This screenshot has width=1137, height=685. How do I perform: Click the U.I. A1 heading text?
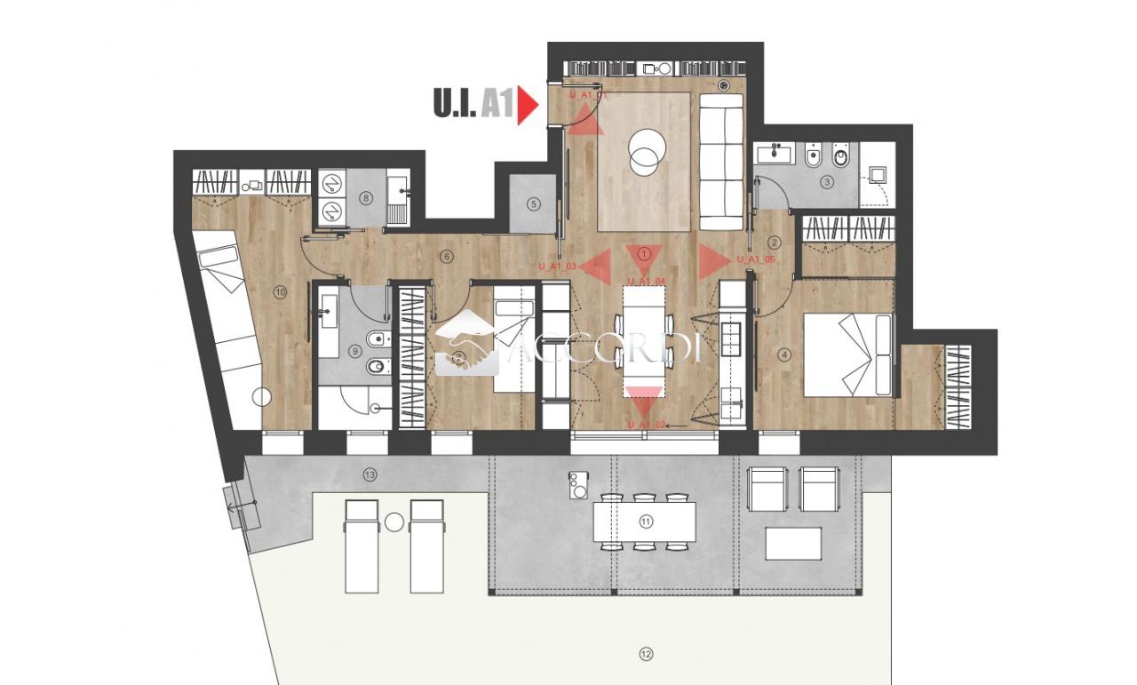pos(473,105)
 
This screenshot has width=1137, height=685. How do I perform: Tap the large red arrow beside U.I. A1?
pos(528,105)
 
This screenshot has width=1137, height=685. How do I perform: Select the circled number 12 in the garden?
pos(646,655)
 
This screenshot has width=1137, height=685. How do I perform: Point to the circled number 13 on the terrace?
pos(370,475)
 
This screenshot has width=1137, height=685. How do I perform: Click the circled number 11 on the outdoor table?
pos(646,522)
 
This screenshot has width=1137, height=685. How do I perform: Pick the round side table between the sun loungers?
pos(394,522)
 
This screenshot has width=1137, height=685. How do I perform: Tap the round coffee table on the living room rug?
pos(646,152)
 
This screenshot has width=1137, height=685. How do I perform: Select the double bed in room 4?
pos(847,354)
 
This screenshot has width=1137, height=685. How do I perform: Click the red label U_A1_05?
pos(756,259)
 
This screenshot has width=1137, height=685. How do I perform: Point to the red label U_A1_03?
pos(558,266)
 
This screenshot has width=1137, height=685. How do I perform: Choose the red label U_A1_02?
pos(646,426)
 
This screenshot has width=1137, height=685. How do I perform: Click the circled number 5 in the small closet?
pos(533,203)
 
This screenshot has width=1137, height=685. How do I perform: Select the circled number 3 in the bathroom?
pos(827,183)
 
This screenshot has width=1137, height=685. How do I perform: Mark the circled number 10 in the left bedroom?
pos(280,291)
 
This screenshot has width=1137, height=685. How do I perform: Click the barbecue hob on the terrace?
pos(578,485)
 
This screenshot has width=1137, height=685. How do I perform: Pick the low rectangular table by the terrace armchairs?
pos(792,544)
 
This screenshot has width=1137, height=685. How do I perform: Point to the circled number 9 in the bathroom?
pos(357,352)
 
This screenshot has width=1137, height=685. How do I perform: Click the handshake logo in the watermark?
pos(466,350)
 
